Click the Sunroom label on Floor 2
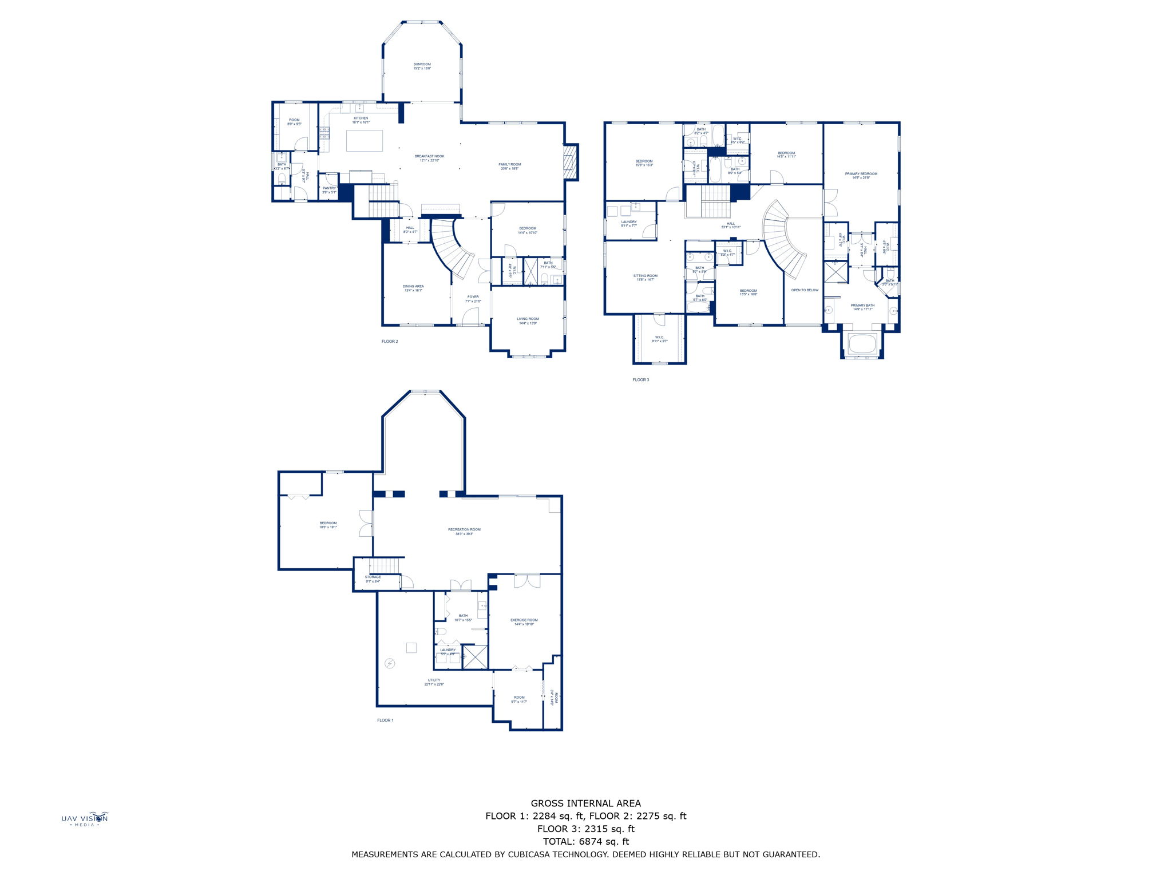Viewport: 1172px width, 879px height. point(422,66)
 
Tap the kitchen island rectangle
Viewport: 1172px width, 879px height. point(364,141)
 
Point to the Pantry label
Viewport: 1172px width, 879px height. point(329,190)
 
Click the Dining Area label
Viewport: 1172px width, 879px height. point(413,288)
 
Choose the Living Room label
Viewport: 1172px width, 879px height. point(528,321)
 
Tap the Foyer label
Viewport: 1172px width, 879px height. point(473,299)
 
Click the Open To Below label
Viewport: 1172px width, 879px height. point(805,290)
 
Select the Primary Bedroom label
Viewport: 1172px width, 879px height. point(861,176)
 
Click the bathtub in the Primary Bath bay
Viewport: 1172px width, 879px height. point(862,345)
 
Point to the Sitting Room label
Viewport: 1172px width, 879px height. point(645,278)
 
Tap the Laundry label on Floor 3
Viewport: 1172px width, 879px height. point(628,224)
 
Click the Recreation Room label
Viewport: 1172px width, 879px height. point(464,532)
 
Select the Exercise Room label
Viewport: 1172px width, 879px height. point(524,622)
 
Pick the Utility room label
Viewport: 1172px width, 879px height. point(434,682)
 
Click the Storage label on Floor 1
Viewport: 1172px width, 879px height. point(373,579)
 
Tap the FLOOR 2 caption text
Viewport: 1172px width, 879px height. point(390,342)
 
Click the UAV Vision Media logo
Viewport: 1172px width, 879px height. point(85,819)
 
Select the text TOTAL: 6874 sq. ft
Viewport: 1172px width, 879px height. point(585,841)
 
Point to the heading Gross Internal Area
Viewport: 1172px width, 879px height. point(585,803)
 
